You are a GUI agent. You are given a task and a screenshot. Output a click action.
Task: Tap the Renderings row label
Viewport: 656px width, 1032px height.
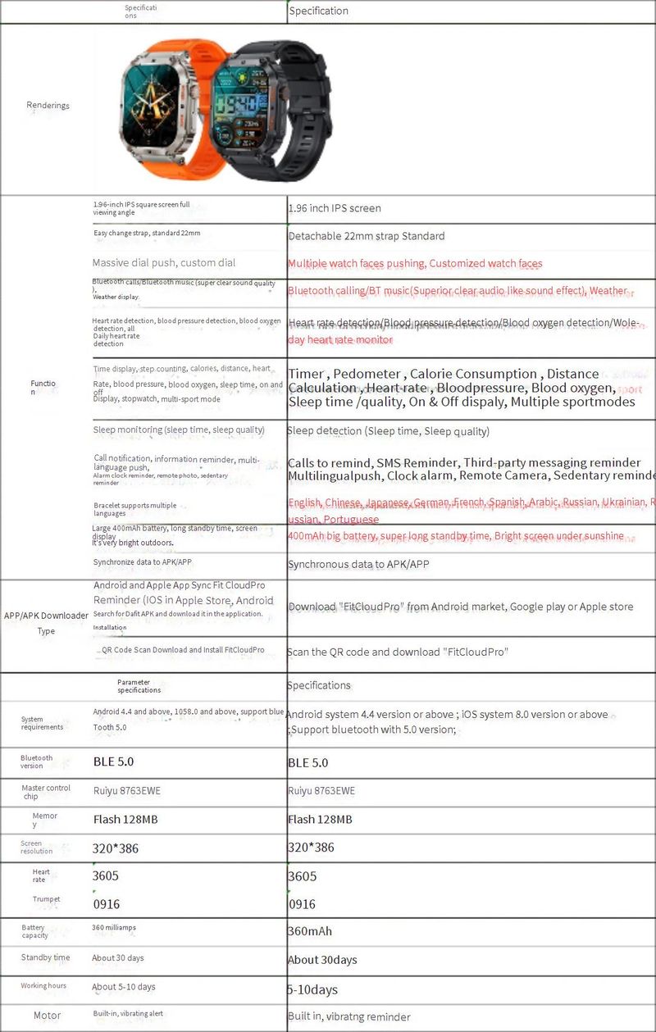point(48,105)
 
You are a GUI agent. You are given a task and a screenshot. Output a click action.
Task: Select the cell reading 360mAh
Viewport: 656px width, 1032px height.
point(310,931)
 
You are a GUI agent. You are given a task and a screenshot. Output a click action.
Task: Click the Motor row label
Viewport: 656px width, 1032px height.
point(47,1016)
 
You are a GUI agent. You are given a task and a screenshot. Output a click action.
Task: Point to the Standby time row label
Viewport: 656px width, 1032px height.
point(45,957)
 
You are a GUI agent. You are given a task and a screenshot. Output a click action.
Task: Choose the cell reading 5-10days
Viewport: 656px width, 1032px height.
point(312,989)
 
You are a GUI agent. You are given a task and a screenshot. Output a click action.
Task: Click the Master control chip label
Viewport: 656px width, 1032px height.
point(46,792)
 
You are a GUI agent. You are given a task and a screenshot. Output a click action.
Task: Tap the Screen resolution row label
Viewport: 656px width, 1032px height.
point(36,847)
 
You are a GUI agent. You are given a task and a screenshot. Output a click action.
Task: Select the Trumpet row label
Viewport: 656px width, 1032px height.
point(46,899)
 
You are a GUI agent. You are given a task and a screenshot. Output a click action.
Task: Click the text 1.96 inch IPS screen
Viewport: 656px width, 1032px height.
point(335,208)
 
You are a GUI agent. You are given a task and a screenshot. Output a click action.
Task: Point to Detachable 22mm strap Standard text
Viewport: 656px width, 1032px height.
point(367,236)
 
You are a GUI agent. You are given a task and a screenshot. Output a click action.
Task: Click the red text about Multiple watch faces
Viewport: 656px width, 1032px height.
point(415,263)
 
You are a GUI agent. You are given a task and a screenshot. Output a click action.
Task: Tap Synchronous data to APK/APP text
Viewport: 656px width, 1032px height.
point(358,564)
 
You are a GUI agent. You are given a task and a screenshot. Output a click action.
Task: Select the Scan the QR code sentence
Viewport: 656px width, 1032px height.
point(398,652)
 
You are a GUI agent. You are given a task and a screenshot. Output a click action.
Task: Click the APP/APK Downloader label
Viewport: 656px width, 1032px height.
point(46,616)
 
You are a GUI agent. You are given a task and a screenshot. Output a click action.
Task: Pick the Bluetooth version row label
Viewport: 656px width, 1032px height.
point(36,761)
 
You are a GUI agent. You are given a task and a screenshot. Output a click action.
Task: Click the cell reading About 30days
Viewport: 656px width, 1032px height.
point(322,960)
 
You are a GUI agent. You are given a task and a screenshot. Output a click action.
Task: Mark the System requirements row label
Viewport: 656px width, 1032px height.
point(42,723)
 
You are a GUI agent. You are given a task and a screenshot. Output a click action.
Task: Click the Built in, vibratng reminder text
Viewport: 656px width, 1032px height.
point(348,1016)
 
